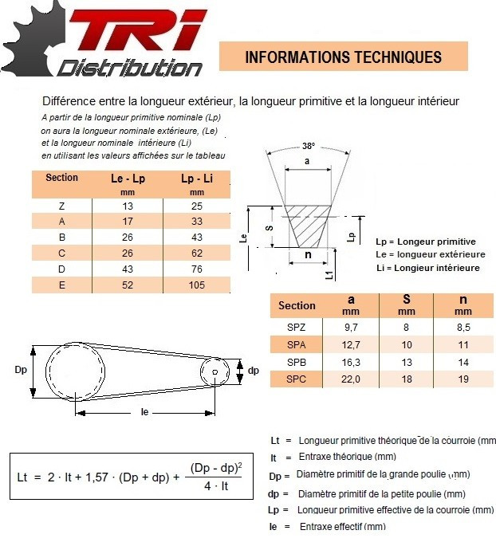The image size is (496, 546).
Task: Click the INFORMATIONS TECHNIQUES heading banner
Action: (343, 57)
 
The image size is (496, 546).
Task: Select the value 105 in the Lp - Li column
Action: (197, 285)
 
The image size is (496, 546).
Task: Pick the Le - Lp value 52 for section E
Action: (128, 285)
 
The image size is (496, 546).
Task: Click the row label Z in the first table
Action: (62, 206)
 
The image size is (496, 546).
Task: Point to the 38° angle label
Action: (309, 146)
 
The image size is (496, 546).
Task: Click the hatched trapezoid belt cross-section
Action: (308, 222)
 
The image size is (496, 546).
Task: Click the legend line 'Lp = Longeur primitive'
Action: (425, 242)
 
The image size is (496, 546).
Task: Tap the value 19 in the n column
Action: (463, 379)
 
